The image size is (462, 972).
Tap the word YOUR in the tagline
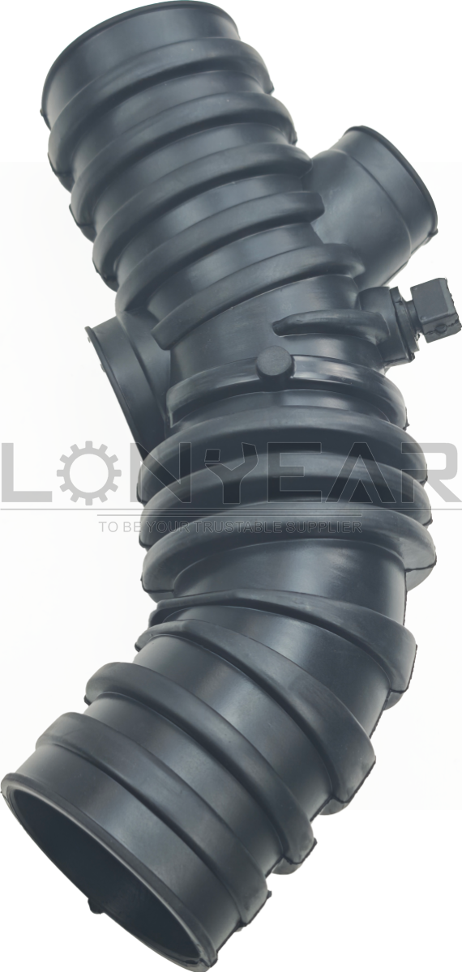pos(190,527)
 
